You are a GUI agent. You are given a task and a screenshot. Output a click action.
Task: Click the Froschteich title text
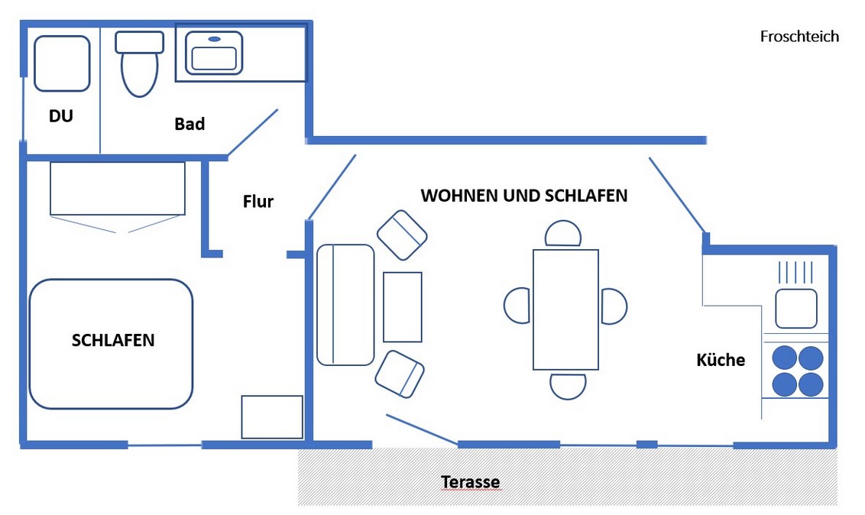click(799, 37)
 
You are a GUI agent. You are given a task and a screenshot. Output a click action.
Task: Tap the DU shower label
click(61, 117)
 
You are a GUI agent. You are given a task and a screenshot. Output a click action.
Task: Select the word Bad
click(190, 124)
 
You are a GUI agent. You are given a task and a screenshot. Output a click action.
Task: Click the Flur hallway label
click(258, 202)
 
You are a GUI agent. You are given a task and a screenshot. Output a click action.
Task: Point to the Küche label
click(721, 360)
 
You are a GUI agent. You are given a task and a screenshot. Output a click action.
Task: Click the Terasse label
click(471, 483)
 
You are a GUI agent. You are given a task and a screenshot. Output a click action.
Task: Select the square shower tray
click(62, 63)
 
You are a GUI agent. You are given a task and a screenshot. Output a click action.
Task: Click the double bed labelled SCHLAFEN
click(111, 343)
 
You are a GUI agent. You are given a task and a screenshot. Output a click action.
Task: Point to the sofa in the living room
click(345, 305)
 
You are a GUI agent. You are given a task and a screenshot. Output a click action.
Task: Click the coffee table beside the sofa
click(403, 306)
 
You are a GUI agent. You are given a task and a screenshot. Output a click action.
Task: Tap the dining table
click(565, 309)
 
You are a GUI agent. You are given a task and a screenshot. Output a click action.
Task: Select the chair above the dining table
click(564, 234)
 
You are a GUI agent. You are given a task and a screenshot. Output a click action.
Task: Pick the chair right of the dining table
click(614, 306)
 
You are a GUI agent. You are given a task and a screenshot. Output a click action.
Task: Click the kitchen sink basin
click(796, 309)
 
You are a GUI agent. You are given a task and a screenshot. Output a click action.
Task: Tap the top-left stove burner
click(785, 358)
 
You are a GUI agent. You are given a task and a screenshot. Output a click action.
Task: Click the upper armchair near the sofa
click(402, 235)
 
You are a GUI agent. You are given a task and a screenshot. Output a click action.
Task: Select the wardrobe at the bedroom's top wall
click(118, 189)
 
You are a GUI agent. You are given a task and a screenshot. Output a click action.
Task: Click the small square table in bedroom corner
click(272, 417)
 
